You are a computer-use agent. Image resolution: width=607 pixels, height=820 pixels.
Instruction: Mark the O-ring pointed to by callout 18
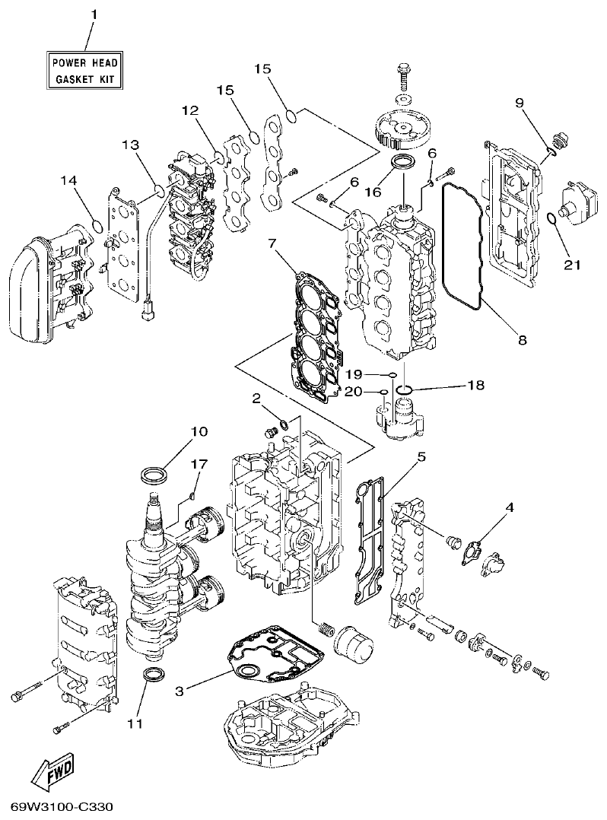[x=405, y=391]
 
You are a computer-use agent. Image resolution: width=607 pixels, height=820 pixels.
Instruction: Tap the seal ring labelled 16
[x=403, y=163]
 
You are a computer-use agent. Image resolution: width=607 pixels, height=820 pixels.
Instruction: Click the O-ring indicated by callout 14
[x=97, y=225]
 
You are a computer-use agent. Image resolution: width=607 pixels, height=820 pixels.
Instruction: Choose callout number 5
[x=420, y=457]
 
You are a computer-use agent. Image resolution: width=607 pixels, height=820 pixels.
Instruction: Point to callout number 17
[x=199, y=463]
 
